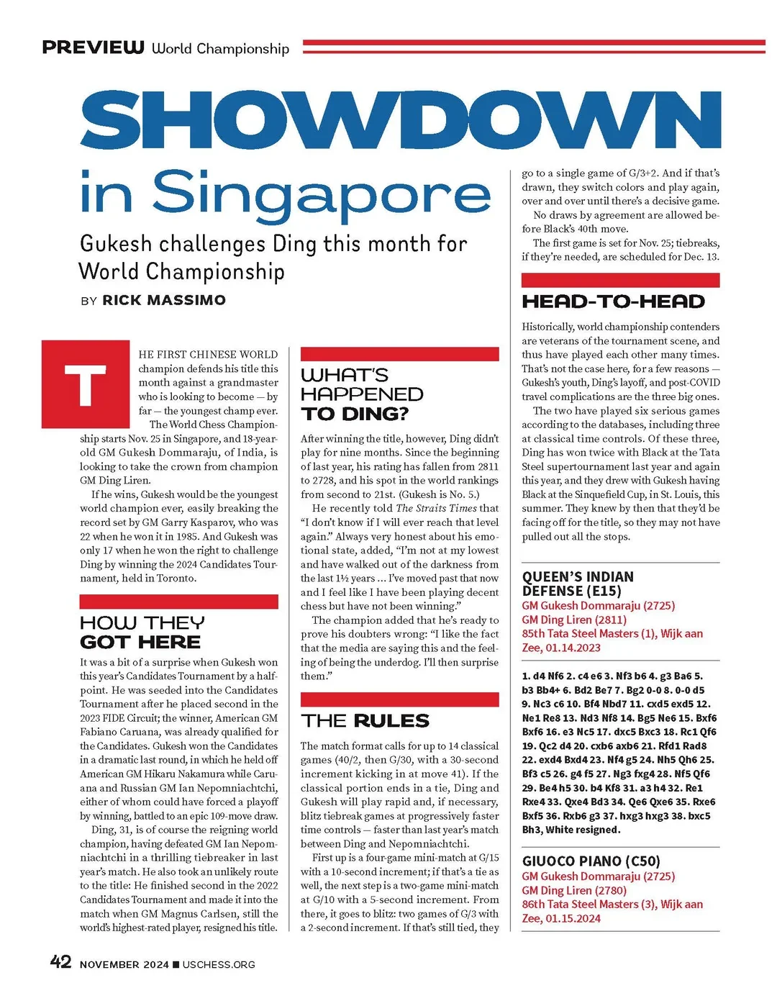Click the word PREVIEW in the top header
pos(93,47)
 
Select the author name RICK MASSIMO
pos(164,300)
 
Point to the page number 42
pos(60,962)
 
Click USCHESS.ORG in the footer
pos(219,964)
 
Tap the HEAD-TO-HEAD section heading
pos(613,302)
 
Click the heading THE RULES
pos(365,720)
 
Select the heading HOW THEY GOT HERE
pos(142,632)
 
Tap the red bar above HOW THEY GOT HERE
pos(178,602)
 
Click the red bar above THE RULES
pos(399,699)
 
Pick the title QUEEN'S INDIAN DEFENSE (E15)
pos(578,584)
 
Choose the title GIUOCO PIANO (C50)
pos(591,861)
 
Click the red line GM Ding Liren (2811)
pos(574,620)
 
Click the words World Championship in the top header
pos(220,48)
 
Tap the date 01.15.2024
pos(573,918)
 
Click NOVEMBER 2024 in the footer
pos(124,964)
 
